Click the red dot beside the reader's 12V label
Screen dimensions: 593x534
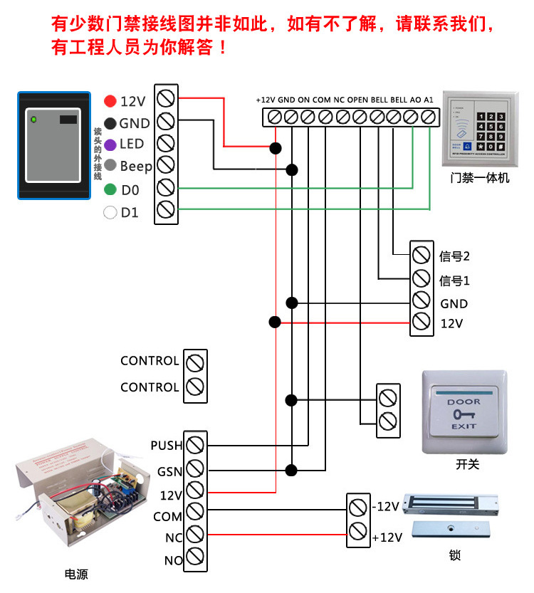[x=110, y=101]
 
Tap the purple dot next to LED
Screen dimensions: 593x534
[x=110, y=145]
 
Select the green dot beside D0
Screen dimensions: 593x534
[x=110, y=190]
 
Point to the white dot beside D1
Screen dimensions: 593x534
[x=110, y=212]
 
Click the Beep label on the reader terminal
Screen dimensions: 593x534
[x=135, y=167]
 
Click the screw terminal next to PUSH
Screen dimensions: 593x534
[x=195, y=445]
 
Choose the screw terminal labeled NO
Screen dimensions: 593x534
[x=195, y=558]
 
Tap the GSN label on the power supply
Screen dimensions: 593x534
[x=169, y=471]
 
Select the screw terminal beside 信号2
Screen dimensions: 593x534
[x=421, y=254]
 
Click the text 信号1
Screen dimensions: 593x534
[x=455, y=280]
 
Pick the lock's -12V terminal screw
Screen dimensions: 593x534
[x=357, y=507]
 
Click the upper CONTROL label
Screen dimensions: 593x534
[x=150, y=361]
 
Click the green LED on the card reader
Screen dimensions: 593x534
[x=32, y=119]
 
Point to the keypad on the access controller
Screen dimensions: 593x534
[x=489, y=127]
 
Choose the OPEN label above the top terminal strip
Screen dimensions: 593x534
[x=357, y=100]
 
